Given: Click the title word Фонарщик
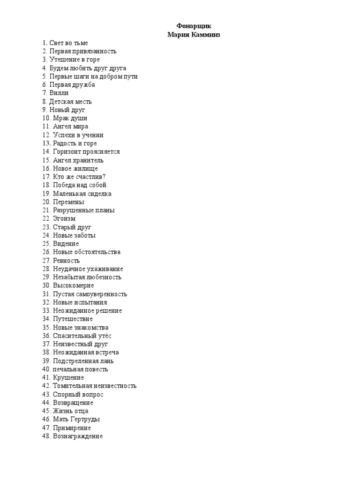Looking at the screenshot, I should click(x=190, y=26).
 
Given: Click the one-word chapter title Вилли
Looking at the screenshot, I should click(x=59, y=93).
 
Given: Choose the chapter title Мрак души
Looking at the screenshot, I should click(x=70, y=118).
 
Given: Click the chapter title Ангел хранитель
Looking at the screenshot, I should click(x=78, y=160).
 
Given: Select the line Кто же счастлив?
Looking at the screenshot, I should click(x=79, y=177).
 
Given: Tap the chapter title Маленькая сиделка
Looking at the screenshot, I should click(x=82, y=194).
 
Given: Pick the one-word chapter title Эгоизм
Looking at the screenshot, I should click(x=64, y=218).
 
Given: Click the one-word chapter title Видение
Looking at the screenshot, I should click(x=66, y=244).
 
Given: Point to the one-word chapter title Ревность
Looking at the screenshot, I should click(x=66, y=261).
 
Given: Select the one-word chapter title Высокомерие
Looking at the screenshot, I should click(x=73, y=285).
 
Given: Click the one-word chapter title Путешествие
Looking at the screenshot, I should click(x=73, y=319).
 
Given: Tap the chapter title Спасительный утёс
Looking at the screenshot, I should click(x=82, y=336).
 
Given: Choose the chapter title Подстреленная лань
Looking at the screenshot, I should click(x=83, y=361).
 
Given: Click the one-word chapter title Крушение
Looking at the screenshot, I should click(x=68, y=377).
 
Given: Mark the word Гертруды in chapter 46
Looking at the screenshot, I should click(x=84, y=420).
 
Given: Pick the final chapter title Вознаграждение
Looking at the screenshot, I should click(x=78, y=436).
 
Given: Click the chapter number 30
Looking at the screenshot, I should click(x=46, y=285).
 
